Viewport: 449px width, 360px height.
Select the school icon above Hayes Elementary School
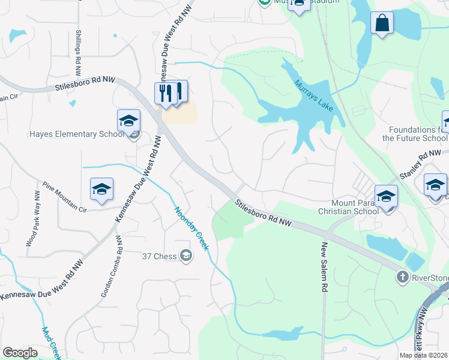click(128, 121)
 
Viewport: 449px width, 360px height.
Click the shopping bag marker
click(381, 24)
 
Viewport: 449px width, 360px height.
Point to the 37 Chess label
click(159, 256)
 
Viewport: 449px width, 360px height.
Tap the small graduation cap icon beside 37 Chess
click(186, 256)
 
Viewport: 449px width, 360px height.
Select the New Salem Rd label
click(324, 267)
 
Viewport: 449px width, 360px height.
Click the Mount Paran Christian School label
click(348, 207)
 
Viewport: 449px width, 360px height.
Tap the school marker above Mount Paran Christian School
click(386, 197)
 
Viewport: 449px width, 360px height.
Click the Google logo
click(20, 353)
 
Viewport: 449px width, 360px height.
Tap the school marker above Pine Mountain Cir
click(101, 190)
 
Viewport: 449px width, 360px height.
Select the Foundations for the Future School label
click(418, 134)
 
